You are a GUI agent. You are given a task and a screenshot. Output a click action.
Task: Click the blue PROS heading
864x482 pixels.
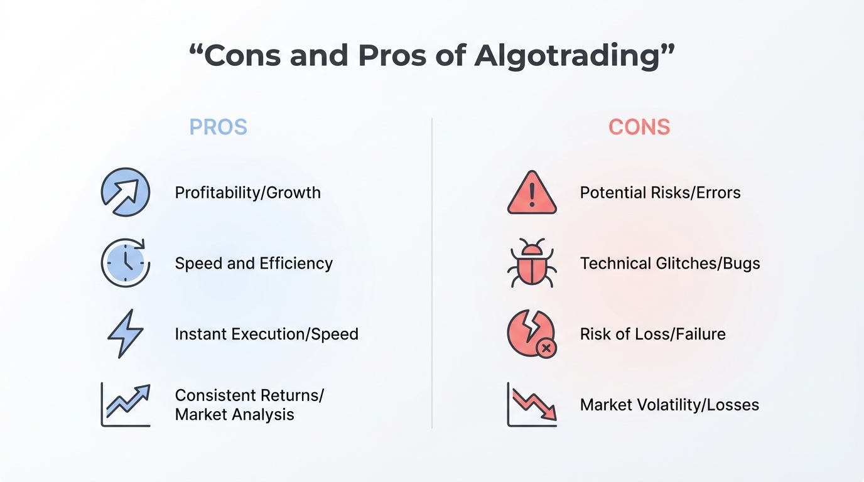(219, 127)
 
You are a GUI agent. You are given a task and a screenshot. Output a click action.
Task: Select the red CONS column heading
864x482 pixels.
(639, 127)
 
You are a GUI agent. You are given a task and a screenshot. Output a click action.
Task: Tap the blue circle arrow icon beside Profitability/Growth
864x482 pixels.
(126, 192)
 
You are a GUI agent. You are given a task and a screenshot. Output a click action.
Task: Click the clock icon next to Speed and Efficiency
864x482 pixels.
(126, 263)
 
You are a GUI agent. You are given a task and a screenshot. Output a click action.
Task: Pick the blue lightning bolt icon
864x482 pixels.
(126, 333)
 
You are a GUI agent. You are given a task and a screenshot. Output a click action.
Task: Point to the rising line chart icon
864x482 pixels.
(126, 405)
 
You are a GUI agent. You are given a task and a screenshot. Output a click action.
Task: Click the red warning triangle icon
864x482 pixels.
(532, 192)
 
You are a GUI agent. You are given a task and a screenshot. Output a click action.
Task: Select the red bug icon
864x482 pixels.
(532, 263)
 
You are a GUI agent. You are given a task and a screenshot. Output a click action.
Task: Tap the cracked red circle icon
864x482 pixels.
(531, 333)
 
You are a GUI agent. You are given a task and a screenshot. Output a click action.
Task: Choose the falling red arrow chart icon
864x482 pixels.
(532, 405)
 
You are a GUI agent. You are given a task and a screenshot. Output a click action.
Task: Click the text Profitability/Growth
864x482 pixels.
(247, 193)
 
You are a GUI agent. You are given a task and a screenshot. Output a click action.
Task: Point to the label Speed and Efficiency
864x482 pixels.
(254, 264)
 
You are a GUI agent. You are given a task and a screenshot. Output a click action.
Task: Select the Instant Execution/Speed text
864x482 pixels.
(266, 335)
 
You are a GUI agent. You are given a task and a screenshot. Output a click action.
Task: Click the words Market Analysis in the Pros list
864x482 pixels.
(234, 415)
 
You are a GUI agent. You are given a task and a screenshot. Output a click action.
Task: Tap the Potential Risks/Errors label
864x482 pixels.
(661, 193)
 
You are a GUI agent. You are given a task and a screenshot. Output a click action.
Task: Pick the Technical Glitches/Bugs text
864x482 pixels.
(671, 264)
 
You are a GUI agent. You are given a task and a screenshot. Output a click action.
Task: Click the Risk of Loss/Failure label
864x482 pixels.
(653, 335)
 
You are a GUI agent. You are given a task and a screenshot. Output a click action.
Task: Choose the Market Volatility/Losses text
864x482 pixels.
(669, 405)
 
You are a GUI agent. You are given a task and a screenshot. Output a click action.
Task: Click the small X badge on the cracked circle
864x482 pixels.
(546, 348)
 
